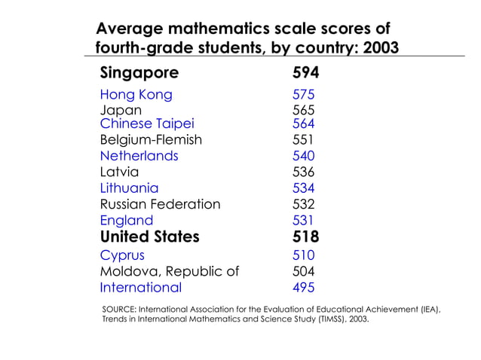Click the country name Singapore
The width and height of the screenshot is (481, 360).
pyautogui.click(x=139, y=73)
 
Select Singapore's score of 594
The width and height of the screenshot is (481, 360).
pyautogui.click(x=305, y=73)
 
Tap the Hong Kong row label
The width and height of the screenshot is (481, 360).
pyautogui.click(x=136, y=95)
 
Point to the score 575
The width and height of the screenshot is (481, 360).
pyautogui.click(x=303, y=95)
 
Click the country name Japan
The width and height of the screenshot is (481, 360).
pyautogui.click(x=121, y=110)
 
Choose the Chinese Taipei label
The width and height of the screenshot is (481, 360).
pyautogui.click(x=147, y=124)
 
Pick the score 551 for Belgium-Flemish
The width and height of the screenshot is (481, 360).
pyautogui.click(x=303, y=139)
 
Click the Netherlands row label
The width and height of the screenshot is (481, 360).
pyautogui.click(x=139, y=156)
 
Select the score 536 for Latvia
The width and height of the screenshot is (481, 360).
pyautogui.click(x=303, y=172)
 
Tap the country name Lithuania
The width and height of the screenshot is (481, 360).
pyautogui.click(x=129, y=188)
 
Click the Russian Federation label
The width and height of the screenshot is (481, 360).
pyautogui.click(x=160, y=204)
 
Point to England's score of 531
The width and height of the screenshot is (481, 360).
pyautogui.click(x=303, y=221)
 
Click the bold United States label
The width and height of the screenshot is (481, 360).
pyautogui.click(x=149, y=237)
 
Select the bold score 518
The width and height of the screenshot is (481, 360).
pyautogui.click(x=305, y=237)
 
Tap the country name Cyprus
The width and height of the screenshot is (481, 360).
pyautogui.click(x=122, y=255)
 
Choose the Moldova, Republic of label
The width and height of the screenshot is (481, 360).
pyautogui.click(x=169, y=271)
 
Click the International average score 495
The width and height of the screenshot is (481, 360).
pyautogui.click(x=303, y=287)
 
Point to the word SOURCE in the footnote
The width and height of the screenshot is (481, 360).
pyautogui.click(x=117, y=310)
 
